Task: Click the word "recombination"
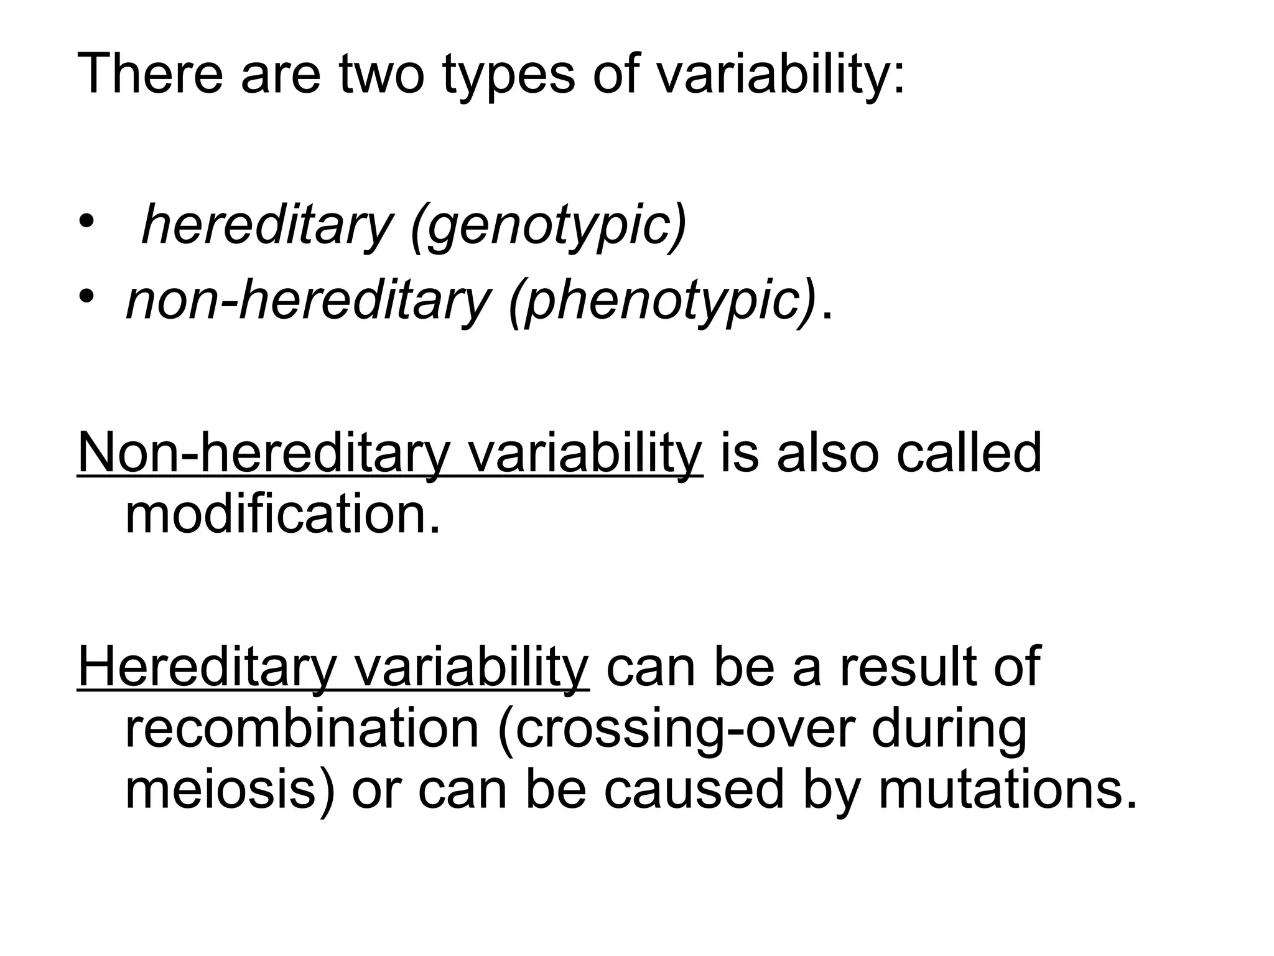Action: click(x=302, y=728)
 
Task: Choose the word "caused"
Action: click(x=694, y=789)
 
